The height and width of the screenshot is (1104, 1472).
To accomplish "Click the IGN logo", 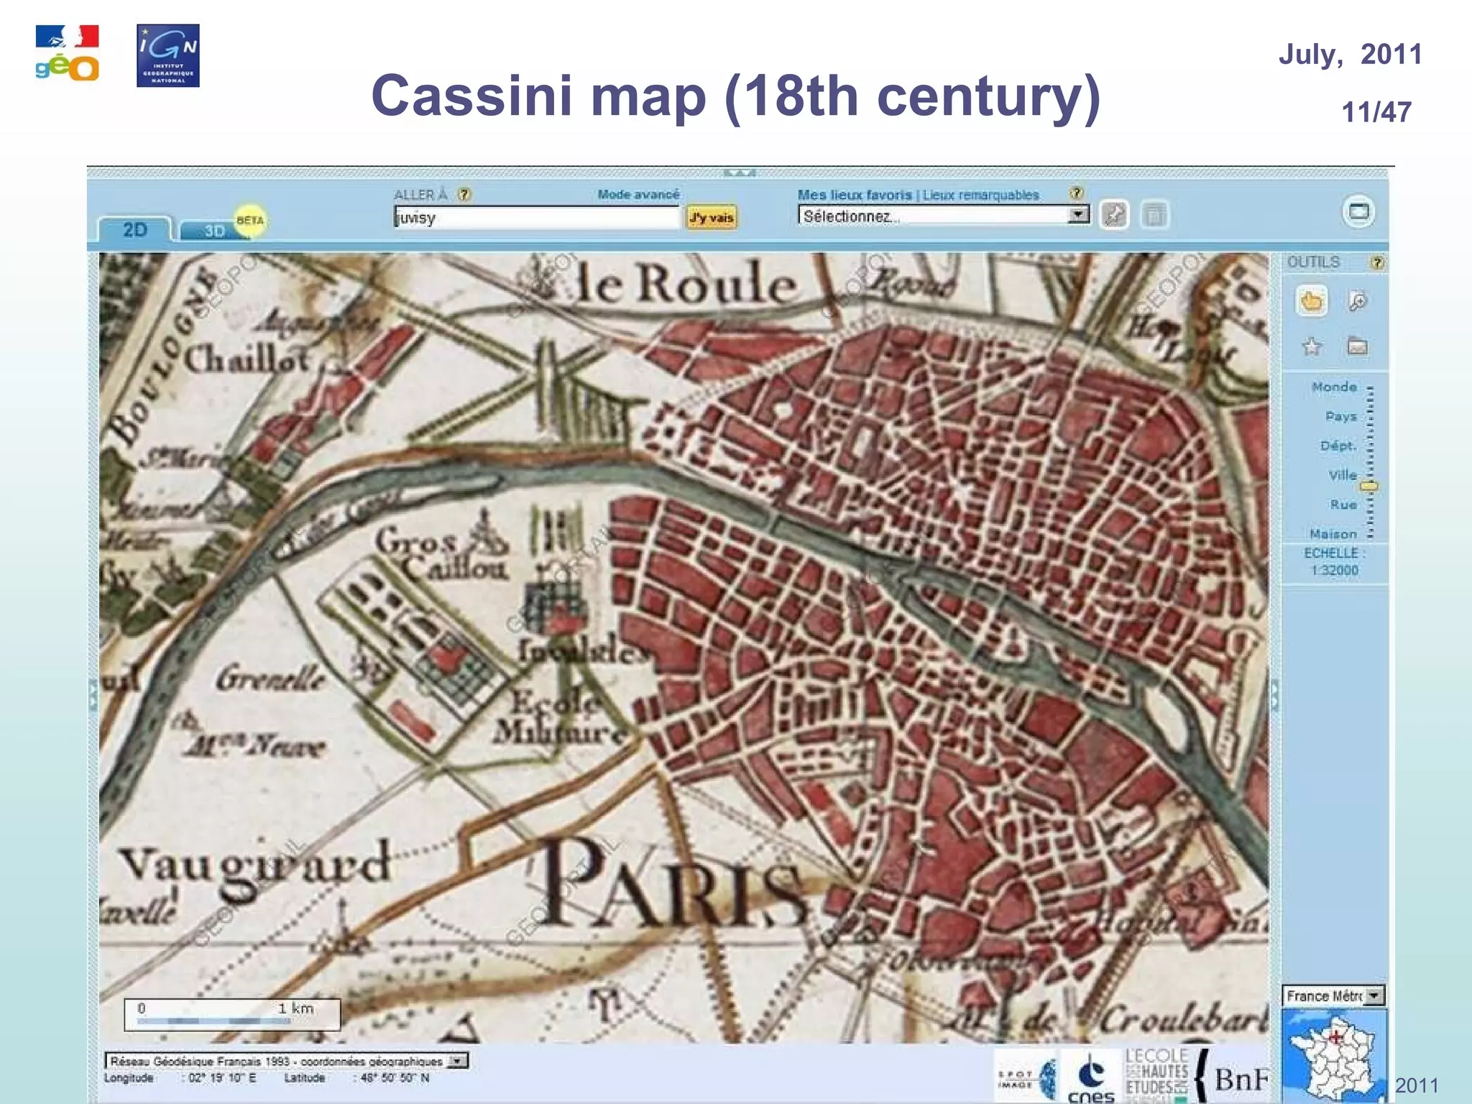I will [167, 55].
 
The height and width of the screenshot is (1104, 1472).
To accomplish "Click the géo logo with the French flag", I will [67, 54].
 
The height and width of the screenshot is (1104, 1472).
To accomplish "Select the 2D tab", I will [135, 229].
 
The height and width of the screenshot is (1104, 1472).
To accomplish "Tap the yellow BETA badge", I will [250, 220].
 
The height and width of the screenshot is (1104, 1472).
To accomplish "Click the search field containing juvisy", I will [535, 217].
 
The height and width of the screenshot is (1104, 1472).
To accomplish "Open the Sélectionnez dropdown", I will [943, 216].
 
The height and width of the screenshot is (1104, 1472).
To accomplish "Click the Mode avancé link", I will [638, 194].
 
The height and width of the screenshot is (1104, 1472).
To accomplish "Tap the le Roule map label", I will [686, 283].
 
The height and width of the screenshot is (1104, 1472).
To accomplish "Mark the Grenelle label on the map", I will [271, 678].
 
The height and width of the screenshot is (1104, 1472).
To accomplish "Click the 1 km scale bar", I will [231, 1014].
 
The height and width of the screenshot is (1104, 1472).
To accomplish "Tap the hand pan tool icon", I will [1312, 301].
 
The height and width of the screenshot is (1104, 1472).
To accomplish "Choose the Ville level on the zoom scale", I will [1342, 475].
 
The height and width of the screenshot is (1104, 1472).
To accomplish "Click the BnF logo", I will [1241, 1079].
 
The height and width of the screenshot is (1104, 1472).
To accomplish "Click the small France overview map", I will [1333, 1054].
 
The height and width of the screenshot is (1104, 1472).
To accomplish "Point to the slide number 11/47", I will [1376, 112].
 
